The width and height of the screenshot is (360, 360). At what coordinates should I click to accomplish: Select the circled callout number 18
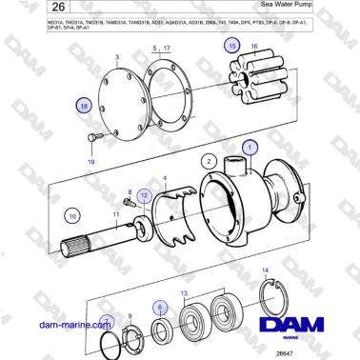click(x=85, y=108)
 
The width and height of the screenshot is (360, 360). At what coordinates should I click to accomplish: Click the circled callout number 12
click(x=144, y=195)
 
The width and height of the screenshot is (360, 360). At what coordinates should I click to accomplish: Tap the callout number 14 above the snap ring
click(x=266, y=272)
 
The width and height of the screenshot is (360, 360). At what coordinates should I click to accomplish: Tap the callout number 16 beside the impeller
click(x=253, y=46)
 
